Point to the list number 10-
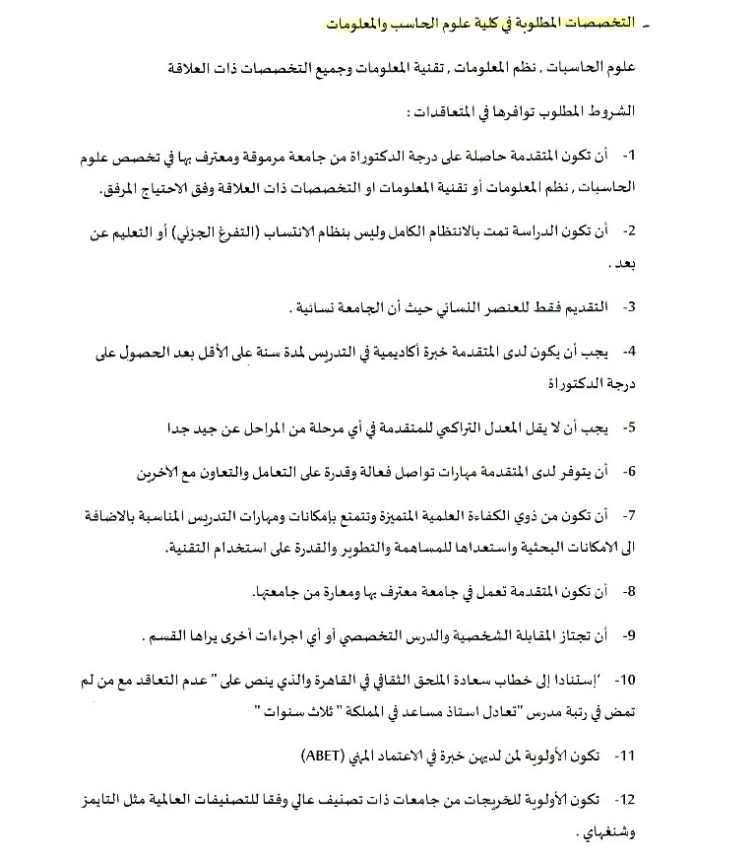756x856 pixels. pyautogui.click(x=626, y=680)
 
